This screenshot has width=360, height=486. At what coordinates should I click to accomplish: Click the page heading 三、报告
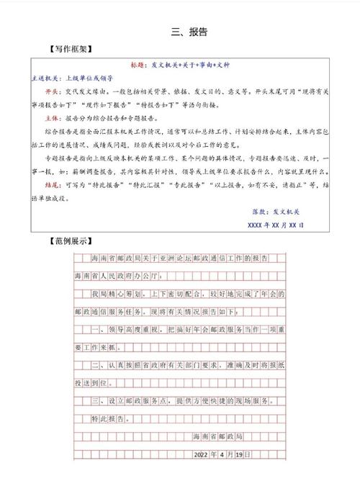[x=189, y=32]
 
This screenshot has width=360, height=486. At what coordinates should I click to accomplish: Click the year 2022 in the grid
[x=205, y=454]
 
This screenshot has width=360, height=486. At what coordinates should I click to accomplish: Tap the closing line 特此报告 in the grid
[x=108, y=418]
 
